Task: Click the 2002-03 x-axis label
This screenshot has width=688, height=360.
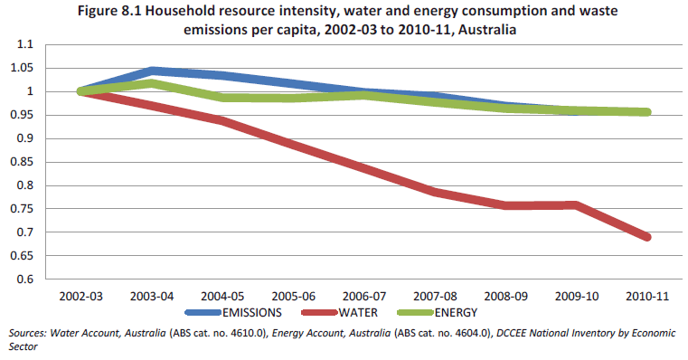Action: tap(80, 296)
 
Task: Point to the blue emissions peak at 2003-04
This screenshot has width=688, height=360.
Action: tap(151, 71)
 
